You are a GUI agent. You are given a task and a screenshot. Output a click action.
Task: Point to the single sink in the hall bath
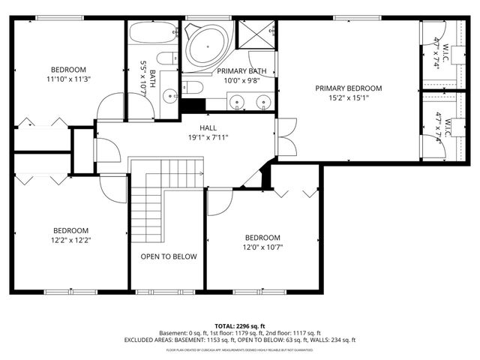[x=170, y=94]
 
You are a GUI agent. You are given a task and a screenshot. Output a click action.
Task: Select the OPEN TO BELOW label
[x=169, y=256]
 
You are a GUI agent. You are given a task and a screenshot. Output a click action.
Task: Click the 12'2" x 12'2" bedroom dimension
[x=70, y=240]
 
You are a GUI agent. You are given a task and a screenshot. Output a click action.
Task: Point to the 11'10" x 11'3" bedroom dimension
[x=67, y=79]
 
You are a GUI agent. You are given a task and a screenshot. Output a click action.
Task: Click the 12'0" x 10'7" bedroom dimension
[x=262, y=247]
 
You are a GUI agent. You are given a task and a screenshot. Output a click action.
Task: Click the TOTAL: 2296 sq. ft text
[x=239, y=325]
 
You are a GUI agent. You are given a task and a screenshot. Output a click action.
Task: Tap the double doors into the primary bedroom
[x=285, y=137]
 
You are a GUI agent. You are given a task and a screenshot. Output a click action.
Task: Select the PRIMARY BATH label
[x=238, y=70]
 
